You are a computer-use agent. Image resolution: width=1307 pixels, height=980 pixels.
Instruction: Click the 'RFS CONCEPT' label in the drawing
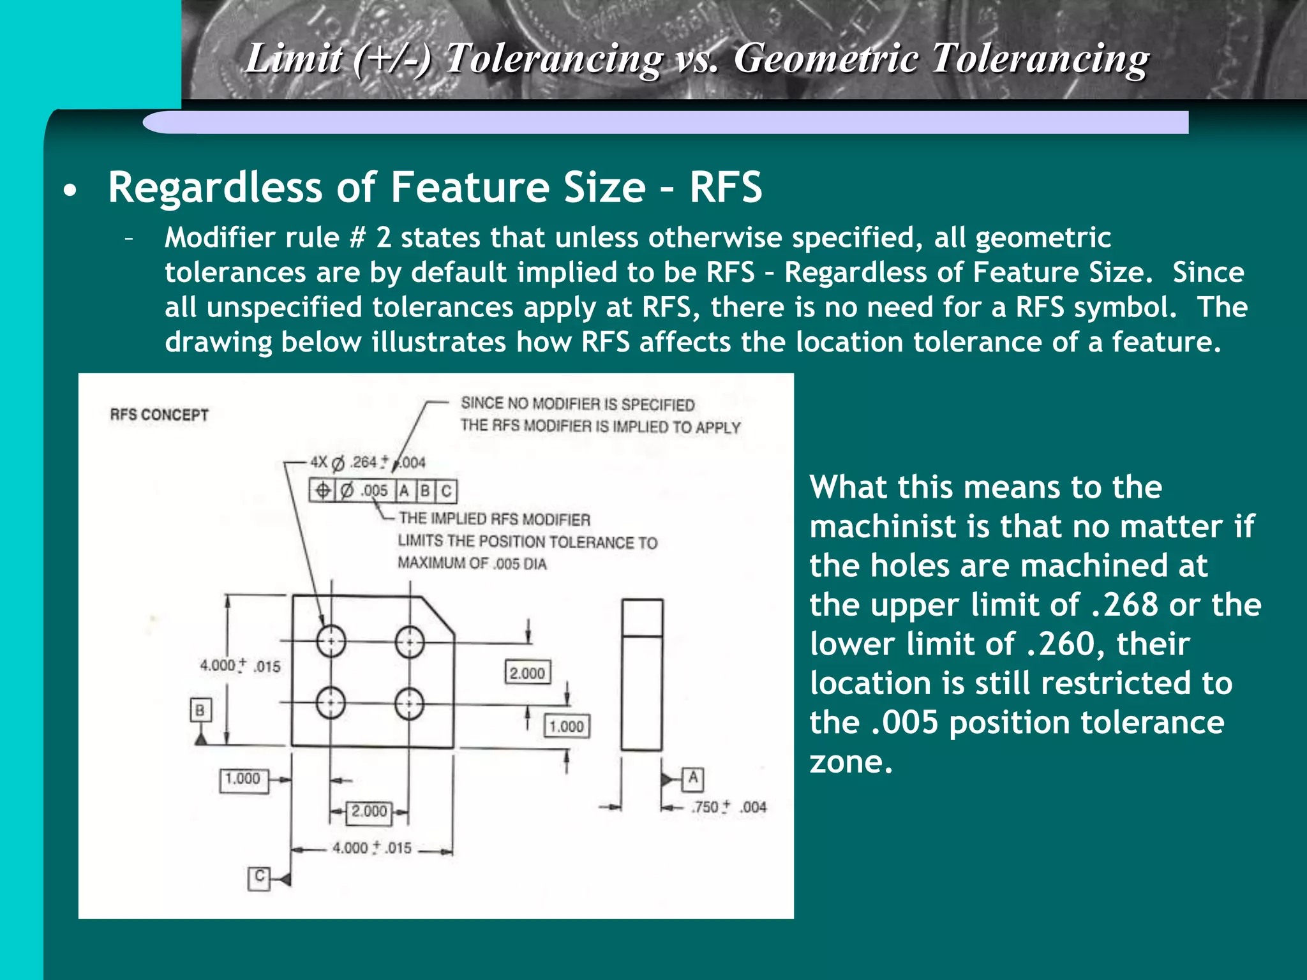(159, 415)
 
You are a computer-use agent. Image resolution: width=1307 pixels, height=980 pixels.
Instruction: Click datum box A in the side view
(693, 778)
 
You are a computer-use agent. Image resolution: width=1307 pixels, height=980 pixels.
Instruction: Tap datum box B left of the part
(200, 710)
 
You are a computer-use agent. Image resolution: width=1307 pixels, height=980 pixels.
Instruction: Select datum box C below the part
(258, 878)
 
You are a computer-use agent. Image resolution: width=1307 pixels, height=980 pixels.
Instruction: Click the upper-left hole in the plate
(331, 641)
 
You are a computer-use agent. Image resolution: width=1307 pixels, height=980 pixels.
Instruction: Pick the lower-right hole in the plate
(409, 704)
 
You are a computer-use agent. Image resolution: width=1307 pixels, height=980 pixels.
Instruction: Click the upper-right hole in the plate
(410, 642)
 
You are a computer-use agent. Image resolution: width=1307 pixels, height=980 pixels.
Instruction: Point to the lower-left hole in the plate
(331, 703)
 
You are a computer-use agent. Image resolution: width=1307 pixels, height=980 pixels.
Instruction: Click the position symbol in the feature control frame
(323, 490)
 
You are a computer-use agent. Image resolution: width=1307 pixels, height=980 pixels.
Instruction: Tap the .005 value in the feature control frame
(375, 491)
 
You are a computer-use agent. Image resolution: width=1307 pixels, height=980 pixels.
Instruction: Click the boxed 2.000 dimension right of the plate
(527, 672)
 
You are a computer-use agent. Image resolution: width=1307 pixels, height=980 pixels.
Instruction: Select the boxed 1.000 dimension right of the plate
(566, 726)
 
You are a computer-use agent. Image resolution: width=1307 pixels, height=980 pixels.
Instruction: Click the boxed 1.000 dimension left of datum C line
(243, 779)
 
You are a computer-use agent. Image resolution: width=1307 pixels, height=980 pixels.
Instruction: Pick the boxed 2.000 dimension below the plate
(369, 812)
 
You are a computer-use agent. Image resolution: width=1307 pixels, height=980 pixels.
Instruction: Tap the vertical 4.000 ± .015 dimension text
(240, 665)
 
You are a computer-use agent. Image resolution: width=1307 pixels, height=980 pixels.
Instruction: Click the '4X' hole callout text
(318, 462)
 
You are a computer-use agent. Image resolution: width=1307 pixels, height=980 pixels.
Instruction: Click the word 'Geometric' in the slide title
(826, 59)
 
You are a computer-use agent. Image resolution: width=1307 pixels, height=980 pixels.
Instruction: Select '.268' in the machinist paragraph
(1124, 605)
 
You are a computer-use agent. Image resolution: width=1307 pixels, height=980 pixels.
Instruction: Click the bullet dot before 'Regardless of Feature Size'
(71, 190)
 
